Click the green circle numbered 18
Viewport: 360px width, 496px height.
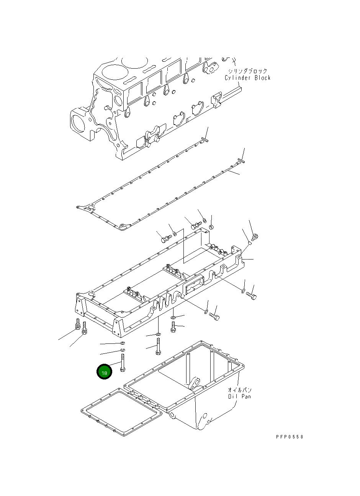(x=104, y=372)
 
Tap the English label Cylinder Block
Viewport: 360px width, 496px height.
(x=247, y=78)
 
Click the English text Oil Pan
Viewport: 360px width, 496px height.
(x=239, y=396)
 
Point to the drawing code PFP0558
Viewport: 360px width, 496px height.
(x=289, y=437)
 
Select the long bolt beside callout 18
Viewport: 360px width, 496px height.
(x=123, y=363)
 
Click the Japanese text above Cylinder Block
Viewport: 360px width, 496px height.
(x=247, y=71)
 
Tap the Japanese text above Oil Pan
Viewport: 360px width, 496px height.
(x=239, y=389)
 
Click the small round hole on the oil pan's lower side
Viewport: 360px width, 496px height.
(x=204, y=416)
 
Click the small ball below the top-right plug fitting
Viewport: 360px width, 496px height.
(x=249, y=242)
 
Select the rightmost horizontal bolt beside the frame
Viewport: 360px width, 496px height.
(x=252, y=296)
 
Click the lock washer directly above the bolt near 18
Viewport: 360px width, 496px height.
(x=123, y=350)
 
